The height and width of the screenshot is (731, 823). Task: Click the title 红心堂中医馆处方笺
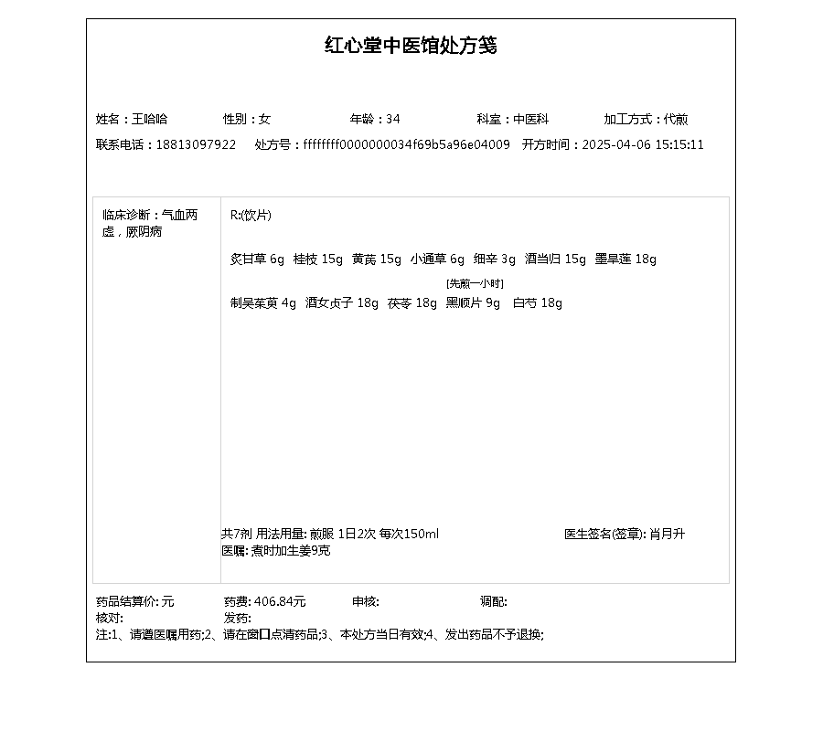pos(411,46)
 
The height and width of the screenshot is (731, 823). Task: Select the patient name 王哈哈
pos(150,119)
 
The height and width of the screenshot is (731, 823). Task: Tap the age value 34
pos(393,119)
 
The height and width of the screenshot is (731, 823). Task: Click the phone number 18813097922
pos(196,144)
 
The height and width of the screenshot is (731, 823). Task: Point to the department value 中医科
pos(530,119)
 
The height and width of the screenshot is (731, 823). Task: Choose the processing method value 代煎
pos(676,119)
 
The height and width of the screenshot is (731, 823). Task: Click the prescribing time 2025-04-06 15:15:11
pos(643,144)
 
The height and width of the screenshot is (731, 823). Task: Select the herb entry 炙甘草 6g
pos(257,259)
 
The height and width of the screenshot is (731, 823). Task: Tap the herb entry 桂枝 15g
pos(317,259)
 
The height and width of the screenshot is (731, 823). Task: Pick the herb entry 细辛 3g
pos(495,259)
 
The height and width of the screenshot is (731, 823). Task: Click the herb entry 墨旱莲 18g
pos(625,259)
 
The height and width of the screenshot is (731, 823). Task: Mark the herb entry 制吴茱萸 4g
pos(262,303)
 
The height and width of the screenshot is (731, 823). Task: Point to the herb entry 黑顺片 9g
pos(473,303)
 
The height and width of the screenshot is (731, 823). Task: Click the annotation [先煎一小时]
pos(475,283)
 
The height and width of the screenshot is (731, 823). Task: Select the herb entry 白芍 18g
pos(537,303)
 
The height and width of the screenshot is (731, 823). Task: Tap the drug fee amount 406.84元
pos(280,601)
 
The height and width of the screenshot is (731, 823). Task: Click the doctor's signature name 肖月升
pos(667,534)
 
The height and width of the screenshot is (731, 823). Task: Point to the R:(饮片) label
pos(251,216)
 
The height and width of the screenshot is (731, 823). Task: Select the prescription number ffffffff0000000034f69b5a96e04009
pos(407,144)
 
